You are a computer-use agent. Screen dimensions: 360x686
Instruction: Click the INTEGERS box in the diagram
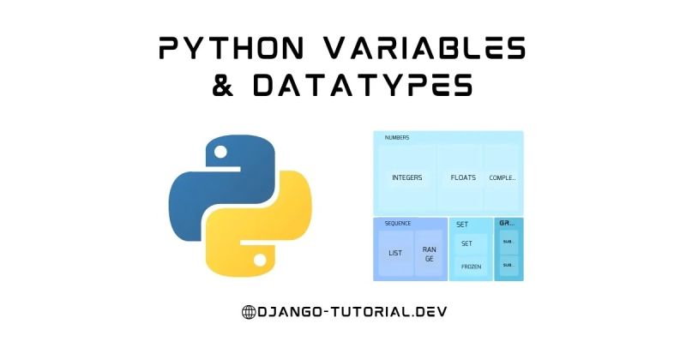coord(406,178)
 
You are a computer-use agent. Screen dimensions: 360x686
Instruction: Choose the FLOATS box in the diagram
coord(463,178)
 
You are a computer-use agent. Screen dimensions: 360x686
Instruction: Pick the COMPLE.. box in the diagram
coord(502,178)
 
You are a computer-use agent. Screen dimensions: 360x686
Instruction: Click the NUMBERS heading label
coord(397,138)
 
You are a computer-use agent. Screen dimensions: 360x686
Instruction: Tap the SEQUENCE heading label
coord(397,224)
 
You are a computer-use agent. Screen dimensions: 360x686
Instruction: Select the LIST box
coord(395,253)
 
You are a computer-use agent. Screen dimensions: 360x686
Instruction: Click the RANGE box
coord(428,253)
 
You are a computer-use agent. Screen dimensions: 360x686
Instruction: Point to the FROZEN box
coord(471,267)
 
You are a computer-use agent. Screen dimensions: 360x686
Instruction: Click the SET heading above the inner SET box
coord(461,225)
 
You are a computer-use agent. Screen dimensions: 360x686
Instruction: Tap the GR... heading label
coord(506,224)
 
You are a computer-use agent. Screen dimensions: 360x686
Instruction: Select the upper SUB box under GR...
coord(507,243)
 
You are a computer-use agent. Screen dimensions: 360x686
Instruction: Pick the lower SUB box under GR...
coord(507,265)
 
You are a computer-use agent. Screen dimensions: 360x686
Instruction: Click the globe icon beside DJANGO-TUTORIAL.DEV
coord(249,312)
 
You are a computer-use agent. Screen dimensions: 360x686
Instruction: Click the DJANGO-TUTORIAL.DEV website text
coord(352,312)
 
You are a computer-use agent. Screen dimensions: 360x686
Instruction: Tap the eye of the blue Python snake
coord(220,153)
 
